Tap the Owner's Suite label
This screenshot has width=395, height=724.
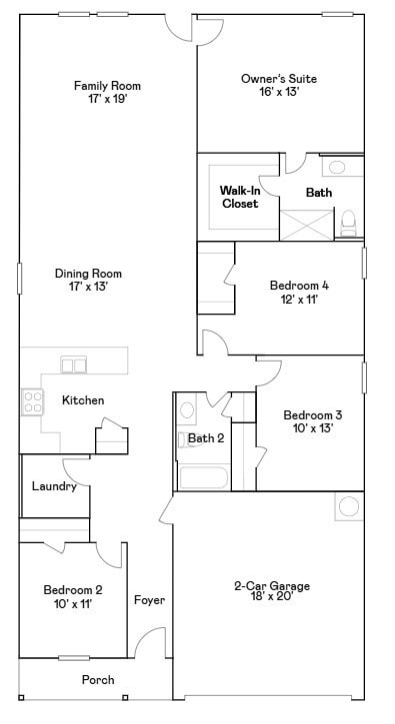[270, 78]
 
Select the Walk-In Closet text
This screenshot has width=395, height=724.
[239, 196]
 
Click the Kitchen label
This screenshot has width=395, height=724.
[83, 400]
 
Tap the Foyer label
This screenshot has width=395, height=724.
[149, 600]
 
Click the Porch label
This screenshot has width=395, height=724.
[98, 680]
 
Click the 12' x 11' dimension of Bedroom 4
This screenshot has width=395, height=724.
[299, 299]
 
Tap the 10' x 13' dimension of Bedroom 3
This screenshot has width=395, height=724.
[312, 428]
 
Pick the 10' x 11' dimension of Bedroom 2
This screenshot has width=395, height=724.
[72, 603]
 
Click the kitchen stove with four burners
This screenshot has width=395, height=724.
[32, 401]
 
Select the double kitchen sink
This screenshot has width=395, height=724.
[74, 364]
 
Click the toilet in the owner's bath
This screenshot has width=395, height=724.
[349, 222]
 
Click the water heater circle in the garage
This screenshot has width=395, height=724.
[348, 506]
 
